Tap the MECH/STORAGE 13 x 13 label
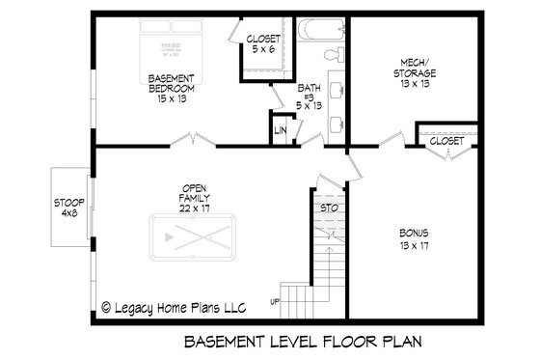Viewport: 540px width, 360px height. point(415,72)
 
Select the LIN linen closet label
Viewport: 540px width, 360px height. point(282,129)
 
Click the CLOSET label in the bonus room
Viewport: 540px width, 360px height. point(445,141)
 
